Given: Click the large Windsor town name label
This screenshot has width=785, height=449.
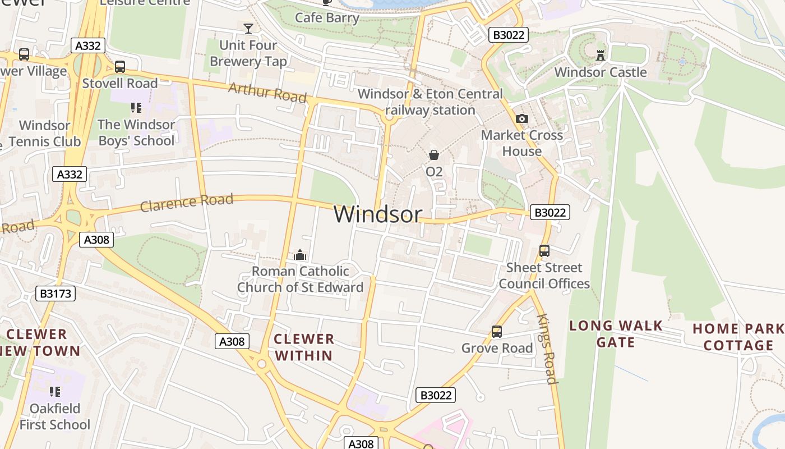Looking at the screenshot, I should [378, 214].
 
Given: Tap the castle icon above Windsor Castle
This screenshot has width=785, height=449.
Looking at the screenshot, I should [601, 55].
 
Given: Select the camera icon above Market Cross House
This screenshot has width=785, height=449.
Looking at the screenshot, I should [521, 118].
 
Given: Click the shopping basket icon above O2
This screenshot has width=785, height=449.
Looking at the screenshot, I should [433, 155].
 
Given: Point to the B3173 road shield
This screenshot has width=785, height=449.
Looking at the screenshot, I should [55, 293].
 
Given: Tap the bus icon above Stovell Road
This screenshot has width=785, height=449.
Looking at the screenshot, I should [119, 67].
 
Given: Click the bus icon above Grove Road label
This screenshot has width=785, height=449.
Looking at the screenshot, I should [496, 332].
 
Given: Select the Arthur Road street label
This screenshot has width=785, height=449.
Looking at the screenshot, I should [267, 93].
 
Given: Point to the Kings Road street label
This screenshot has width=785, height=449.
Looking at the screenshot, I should [547, 349].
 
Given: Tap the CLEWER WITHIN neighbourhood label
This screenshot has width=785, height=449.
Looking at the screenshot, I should [304, 347].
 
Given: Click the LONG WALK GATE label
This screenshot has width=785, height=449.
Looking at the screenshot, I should [616, 334].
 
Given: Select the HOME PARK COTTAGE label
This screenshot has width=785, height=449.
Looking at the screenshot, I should [738, 337].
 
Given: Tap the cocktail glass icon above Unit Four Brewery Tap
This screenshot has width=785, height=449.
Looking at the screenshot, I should [248, 28].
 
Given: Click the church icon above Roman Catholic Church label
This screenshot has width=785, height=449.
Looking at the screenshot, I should [300, 255].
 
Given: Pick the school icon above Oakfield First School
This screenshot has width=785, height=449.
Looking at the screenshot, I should [54, 391].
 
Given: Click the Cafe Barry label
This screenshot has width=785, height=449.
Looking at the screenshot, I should [327, 17].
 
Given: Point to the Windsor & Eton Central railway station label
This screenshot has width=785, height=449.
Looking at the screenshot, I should [430, 102].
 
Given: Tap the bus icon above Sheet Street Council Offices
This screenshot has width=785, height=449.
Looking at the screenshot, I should [544, 251].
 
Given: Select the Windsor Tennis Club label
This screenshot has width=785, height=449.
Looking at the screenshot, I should [44, 134].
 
